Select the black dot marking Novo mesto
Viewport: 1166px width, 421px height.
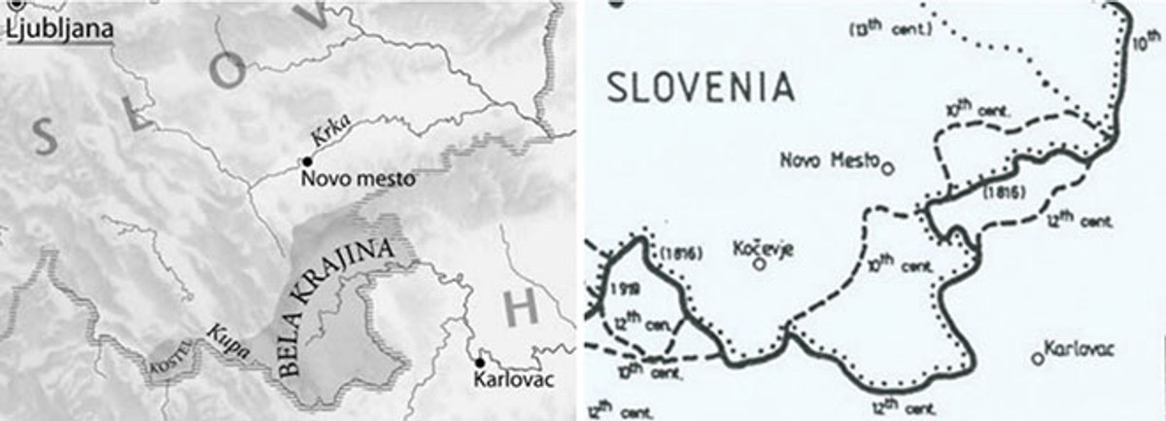coord(307,160)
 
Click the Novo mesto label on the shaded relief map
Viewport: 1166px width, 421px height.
coord(358,179)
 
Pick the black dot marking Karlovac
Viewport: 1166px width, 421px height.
coord(479,363)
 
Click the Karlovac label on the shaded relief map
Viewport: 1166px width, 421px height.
coord(512,380)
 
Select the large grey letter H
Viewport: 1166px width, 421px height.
coord(522,309)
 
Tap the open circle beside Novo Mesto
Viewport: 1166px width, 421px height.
coord(886,166)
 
